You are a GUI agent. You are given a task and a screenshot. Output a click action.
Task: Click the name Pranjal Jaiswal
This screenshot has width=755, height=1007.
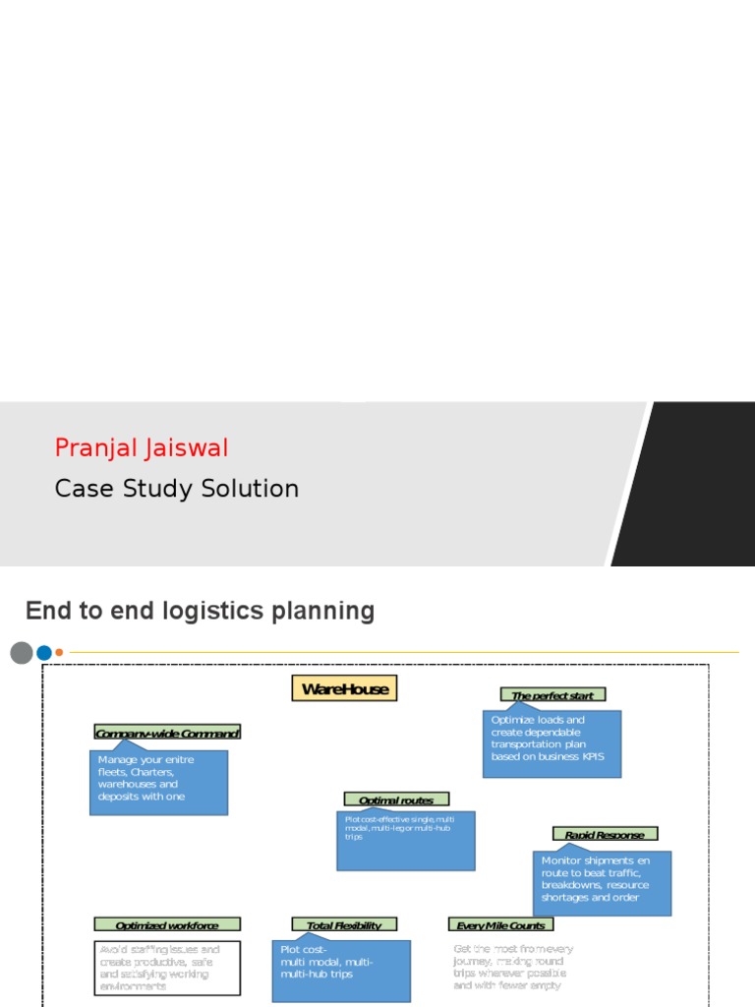click(x=142, y=448)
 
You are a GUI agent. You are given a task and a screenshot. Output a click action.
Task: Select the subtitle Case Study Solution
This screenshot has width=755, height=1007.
click(x=177, y=489)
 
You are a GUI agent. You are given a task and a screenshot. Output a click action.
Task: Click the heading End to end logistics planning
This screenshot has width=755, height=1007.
click(x=200, y=611)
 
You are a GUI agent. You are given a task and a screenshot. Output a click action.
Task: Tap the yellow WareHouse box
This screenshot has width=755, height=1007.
click(x=345, y=688)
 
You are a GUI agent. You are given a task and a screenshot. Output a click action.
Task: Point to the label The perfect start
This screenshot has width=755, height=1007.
click(x=552, y=694)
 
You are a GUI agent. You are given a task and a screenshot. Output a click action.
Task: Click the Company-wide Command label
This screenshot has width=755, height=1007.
click(x=167, y=733)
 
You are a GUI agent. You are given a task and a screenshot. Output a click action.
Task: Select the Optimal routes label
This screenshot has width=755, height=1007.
click(x=396, y=800)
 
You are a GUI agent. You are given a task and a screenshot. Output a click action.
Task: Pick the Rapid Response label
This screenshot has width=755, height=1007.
click(x=605, y=834)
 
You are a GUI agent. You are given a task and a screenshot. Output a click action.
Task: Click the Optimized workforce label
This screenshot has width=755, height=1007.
click(x=167, y=924)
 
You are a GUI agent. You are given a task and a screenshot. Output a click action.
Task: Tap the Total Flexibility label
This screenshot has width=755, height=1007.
click(x=344, y=924)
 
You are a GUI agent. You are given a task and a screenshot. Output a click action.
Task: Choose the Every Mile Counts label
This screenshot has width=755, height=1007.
click(x=500, y=924)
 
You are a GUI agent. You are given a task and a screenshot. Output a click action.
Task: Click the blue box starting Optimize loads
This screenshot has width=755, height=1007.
click(x=552, y=744)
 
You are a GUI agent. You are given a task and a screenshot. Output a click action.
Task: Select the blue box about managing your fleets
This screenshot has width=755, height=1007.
click(x=158, y=783)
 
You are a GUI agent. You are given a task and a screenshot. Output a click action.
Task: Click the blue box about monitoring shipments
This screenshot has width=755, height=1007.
click(x=602, y=883)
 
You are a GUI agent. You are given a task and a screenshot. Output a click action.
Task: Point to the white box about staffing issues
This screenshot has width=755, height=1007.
click(x=167, y=968)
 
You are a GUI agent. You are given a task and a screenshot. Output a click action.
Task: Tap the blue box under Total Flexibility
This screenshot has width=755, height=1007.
click(x=341, y=971)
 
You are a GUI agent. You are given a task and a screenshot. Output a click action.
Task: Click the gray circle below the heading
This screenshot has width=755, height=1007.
click(x=22, y=652)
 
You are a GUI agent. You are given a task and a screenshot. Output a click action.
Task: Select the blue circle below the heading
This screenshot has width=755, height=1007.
click(x=43, y=652)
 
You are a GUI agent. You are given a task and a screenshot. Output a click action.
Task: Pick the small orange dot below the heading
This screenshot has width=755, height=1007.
click(x=59, y=652)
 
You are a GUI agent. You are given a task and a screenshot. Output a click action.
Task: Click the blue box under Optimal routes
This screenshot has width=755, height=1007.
click(x=405, y=841)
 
